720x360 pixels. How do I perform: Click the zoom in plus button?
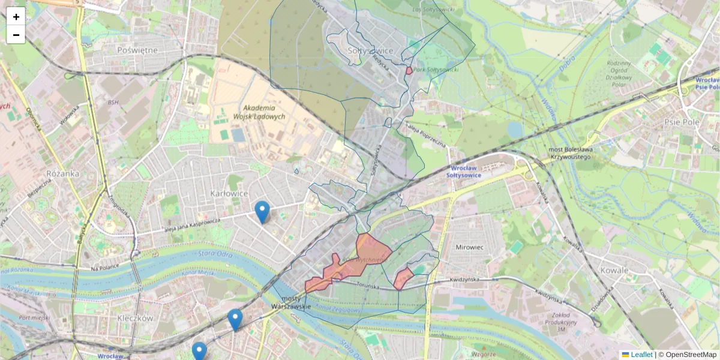tap(16, 17)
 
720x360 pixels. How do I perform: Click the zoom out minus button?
tap(16, 35)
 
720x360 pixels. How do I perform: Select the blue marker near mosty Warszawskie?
tap(235, 320)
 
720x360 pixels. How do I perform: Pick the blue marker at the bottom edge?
tap(199, 352)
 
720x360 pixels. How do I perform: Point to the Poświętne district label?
tap(137, 50)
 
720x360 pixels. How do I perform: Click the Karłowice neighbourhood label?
tap(229, 193)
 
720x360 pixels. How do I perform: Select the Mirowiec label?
tap(469, 247)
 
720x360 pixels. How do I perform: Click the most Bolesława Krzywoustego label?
tap(571, 153)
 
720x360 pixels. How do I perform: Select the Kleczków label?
tap(136, 318)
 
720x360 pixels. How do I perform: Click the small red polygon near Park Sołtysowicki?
tap(409, 71)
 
